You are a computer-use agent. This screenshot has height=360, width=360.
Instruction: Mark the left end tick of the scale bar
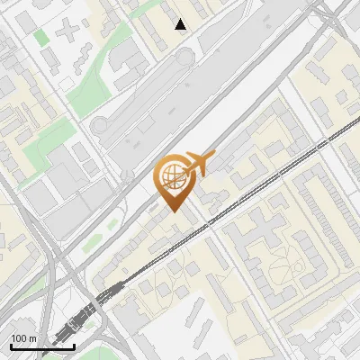coord(10,346)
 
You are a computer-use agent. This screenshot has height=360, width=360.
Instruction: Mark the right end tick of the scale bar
coord(74,346)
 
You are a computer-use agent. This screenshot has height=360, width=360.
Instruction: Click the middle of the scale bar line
coord(41,347)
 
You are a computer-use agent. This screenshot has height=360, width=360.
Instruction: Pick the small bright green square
coord(41,38)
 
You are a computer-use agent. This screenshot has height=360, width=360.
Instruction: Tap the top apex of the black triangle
coord(181,19)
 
